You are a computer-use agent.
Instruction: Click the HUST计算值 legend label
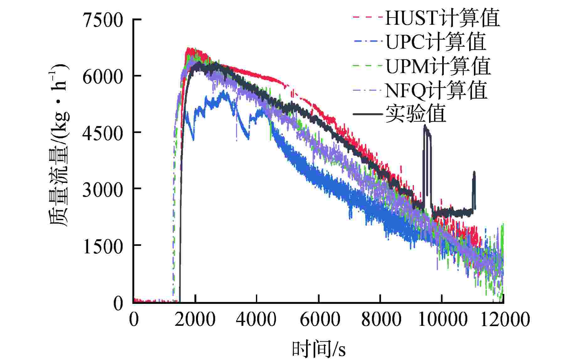(442, 18)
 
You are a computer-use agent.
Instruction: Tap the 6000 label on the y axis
(103, 76)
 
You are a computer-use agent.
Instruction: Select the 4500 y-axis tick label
(103, 133)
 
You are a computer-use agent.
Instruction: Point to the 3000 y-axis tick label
(103, 189)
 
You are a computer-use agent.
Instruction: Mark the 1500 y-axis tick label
(103, 246)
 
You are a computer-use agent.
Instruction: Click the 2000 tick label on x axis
(195, 320)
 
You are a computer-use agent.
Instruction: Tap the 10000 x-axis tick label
(442, 320)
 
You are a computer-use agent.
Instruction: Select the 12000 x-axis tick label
(505, 320)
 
